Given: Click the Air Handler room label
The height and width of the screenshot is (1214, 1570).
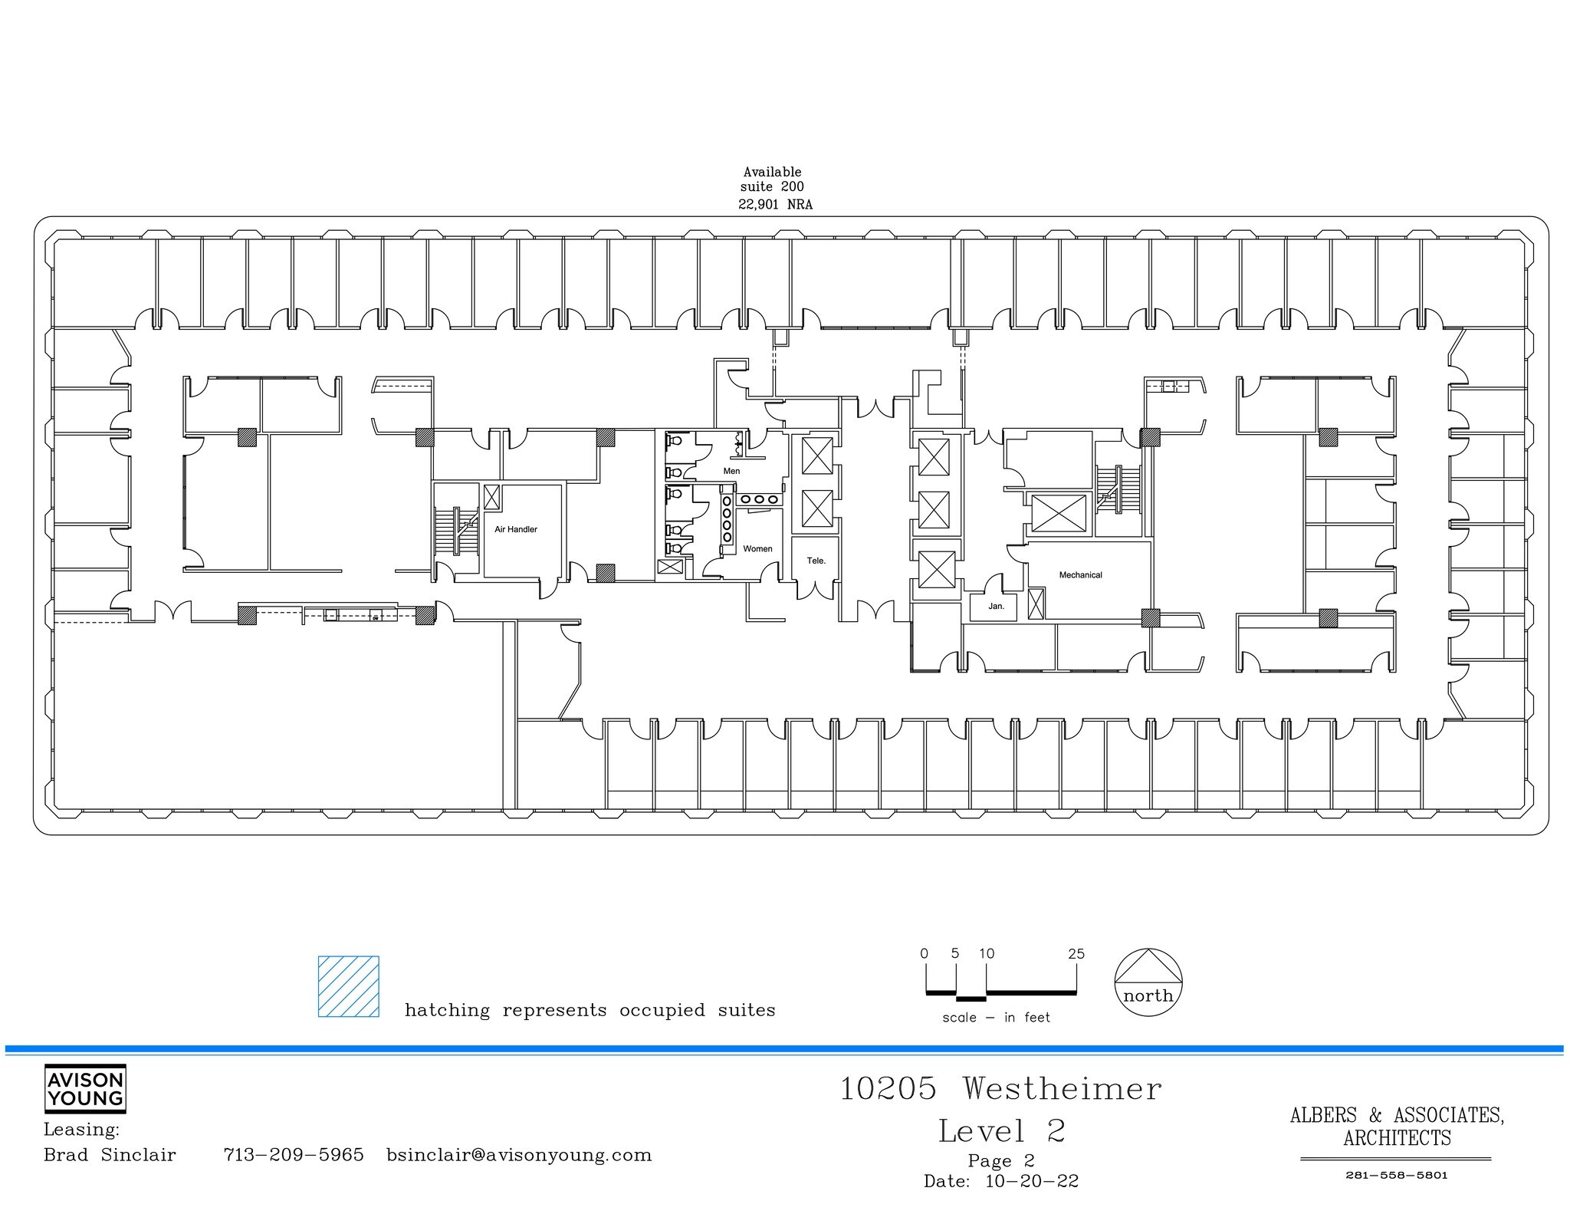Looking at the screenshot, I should (x=515, y=529).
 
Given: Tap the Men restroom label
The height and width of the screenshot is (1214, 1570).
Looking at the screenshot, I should (x=731, y=471).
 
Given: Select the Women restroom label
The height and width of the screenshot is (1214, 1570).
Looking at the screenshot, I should (x=757, y=548).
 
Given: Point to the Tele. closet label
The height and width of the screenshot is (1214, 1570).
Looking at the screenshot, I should (x=816, y=561).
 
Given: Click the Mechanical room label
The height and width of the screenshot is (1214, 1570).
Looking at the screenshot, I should (x=1080, y=574).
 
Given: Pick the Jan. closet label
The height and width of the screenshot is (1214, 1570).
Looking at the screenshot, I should (x=996, y=606).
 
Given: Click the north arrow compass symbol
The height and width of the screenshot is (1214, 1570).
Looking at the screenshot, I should (x=1148, y=982).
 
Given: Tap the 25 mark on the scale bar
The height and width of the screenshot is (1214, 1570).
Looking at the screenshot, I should (x=1076, y=954).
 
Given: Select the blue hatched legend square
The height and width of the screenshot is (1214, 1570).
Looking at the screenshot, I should (x=349, y=986).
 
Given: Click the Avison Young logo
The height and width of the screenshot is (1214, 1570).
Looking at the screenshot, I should (x=85, y=1089).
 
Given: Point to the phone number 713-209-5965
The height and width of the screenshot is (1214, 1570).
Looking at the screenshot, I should (x=294, y=1155).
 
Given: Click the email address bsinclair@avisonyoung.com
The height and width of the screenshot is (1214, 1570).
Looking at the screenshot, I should (x=519, y=1155).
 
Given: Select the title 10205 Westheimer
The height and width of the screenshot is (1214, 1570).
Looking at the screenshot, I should (x=1000, y=1089).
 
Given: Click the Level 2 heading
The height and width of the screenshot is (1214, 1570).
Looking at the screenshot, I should (x=1001, y=1131).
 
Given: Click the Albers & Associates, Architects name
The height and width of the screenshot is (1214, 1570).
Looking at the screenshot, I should (x=1397, y=1126).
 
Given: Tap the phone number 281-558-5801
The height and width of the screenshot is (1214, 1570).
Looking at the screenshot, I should (x=1396, y=1176).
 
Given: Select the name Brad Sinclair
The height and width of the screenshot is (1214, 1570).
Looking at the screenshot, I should (x=110, y=1155).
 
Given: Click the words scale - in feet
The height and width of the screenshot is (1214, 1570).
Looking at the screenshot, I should (x=996, y=1018).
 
